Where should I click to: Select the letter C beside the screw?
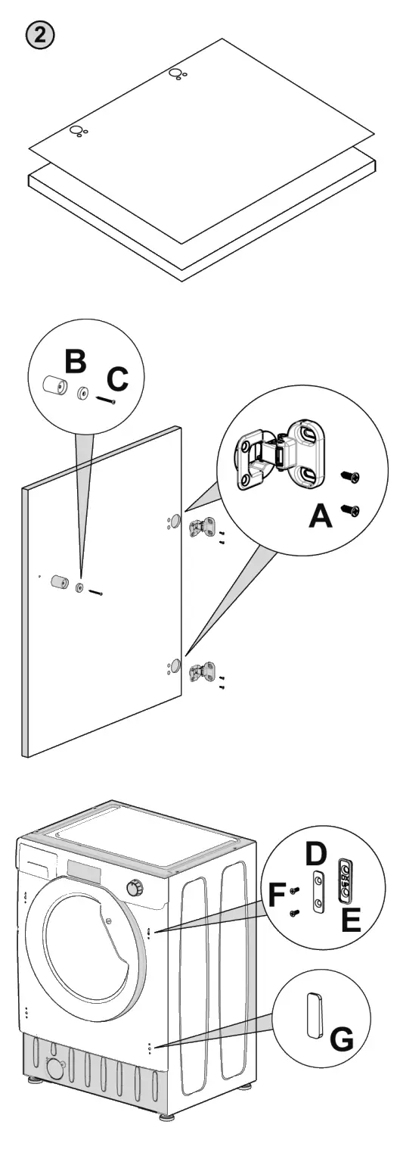(x=118, y=380)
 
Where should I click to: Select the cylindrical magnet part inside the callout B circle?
(x=54, y=385)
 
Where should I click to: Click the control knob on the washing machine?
(x=136, y=888)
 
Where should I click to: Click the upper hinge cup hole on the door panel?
(x=175, y=522)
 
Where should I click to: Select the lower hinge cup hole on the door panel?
(x=175, y=665)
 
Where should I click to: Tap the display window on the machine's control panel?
(x=85, y=868)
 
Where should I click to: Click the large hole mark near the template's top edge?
(x=175, y=73)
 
